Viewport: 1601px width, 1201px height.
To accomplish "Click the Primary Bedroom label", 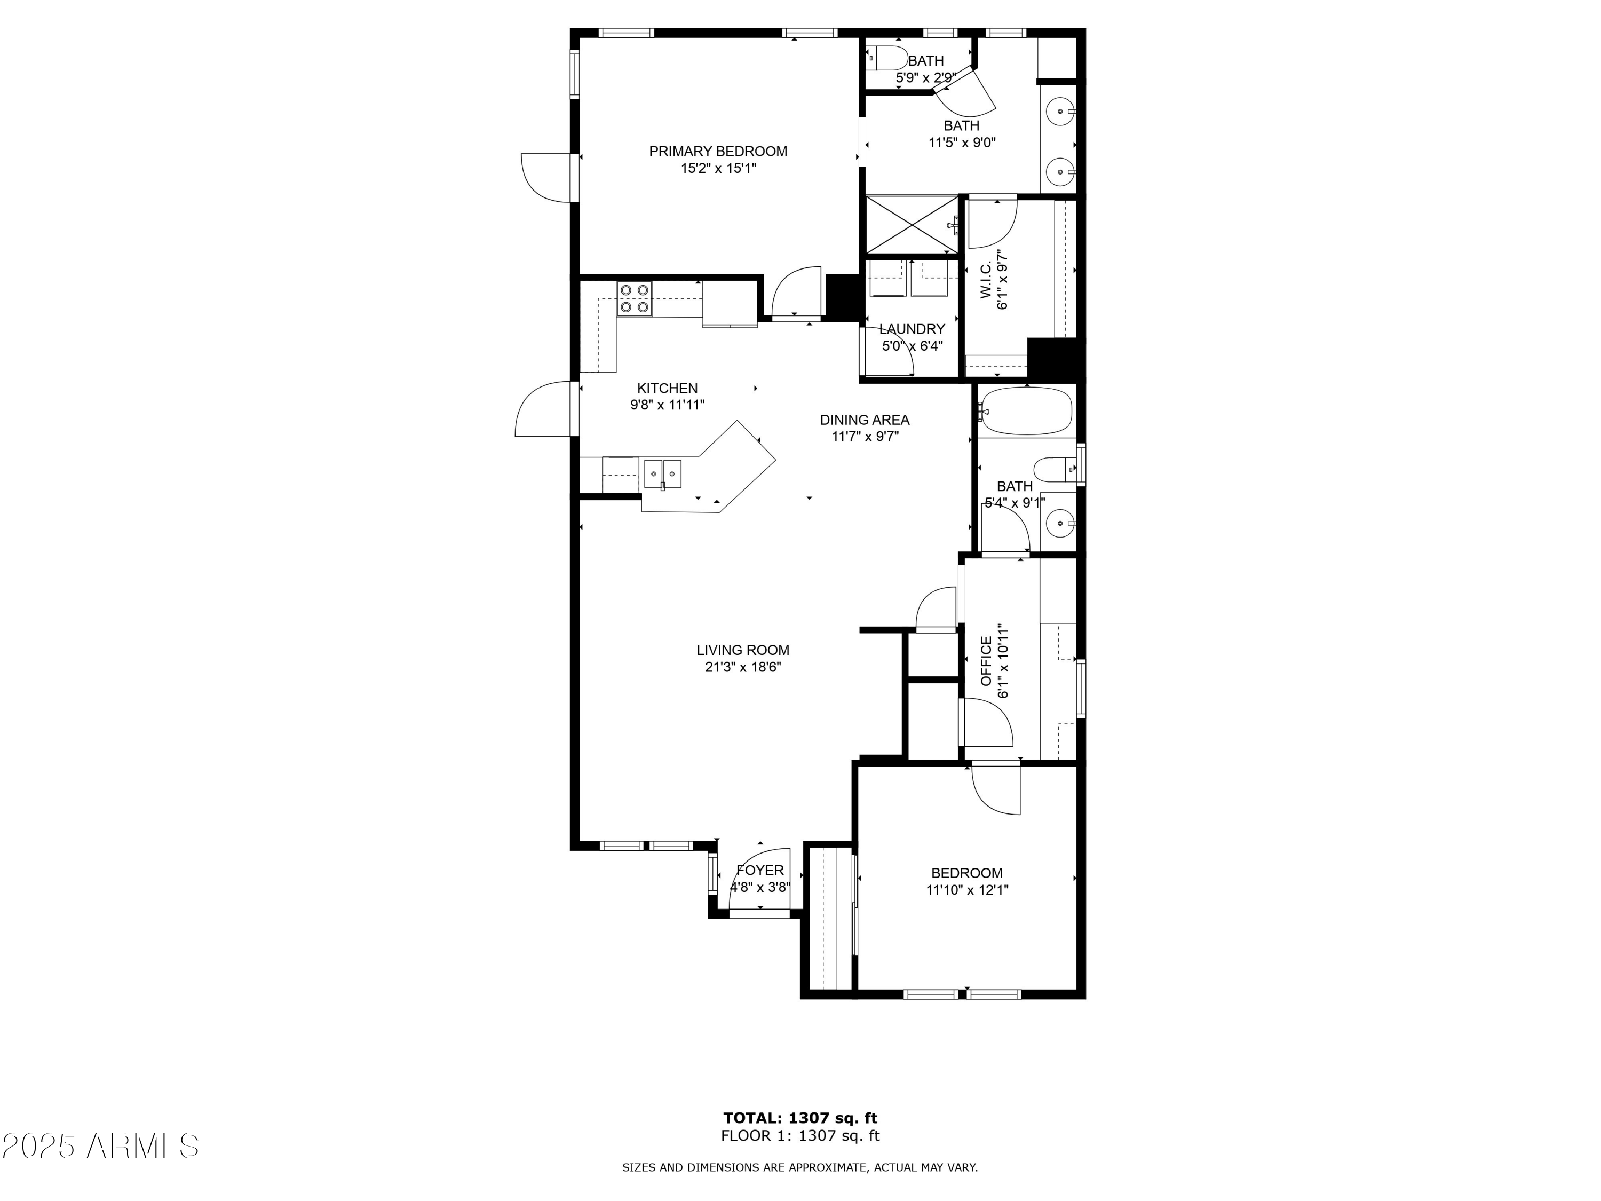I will pyautogui.click(x=717, y=151).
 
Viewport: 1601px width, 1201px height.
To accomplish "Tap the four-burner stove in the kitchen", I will pyautogui.click(x=634, y=298).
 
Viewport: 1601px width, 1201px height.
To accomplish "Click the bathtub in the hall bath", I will pyautogui.click(x=1026, y=410).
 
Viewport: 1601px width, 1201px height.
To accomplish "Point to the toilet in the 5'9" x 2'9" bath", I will pyautogui.click(x=889, y=57).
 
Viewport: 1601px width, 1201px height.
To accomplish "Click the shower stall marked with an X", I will pyautogui.click(x=912, y=224).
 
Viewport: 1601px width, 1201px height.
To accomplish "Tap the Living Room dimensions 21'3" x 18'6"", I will pyautogui.click(x=743, y=667).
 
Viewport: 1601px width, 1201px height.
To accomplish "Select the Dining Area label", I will pyautogui.click(x=864, y=420).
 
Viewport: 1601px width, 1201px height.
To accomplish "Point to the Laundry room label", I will pyautogui.click(x=912, y=329).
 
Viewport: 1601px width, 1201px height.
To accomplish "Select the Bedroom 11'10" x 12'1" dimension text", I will pyautogui.click(x=967, y=890).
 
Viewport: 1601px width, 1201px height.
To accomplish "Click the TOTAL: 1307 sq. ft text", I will pyautogui.click(x=800, y=1118).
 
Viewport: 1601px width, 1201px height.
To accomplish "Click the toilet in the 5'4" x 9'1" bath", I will pyautogui.click(x=1053, y=469).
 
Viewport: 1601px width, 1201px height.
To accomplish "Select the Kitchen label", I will pyautogui.click(x=667, y=389).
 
